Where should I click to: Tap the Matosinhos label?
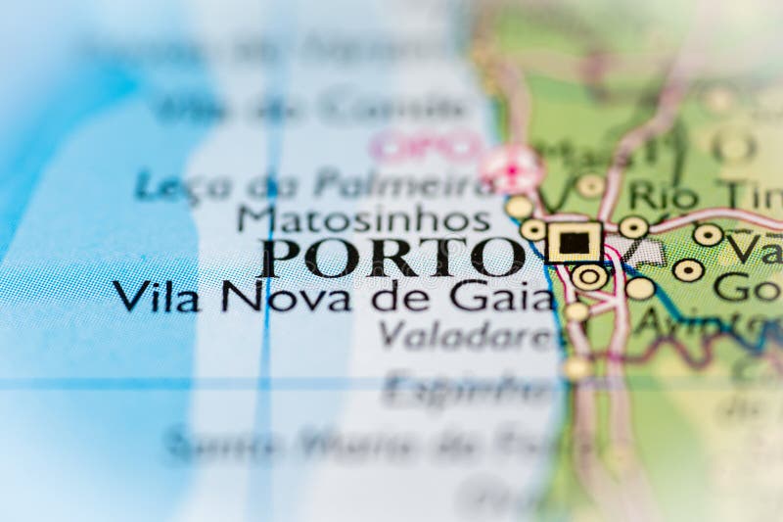(x=364, y=216)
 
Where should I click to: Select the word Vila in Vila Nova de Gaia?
(x=156, y=296)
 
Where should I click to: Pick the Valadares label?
(x=468, y=335)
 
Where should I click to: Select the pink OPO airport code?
(x=426, y=147)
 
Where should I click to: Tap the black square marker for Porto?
(x=575, y=241)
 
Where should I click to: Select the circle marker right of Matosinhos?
(x=519, y=207)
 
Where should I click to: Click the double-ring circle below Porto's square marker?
(x=589, y=276)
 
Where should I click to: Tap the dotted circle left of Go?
(x=688, y=270)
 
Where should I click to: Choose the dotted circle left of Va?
(x=708, y=235)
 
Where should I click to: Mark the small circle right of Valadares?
(x=576, y=312)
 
